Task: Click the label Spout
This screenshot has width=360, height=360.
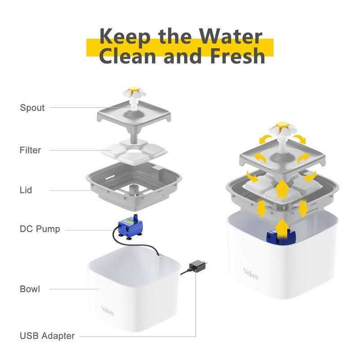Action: [x=32, y=108]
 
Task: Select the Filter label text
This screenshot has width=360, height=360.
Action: [x=30, y=150]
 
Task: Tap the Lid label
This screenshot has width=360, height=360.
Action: [x=26, y=190]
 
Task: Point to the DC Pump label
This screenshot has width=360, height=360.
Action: [x=40, y=229]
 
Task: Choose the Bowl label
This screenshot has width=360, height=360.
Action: [x=30, y=289]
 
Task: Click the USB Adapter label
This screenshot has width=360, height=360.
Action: [x=47, y=336]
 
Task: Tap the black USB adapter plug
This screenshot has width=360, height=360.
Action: [x=197, y=266]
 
